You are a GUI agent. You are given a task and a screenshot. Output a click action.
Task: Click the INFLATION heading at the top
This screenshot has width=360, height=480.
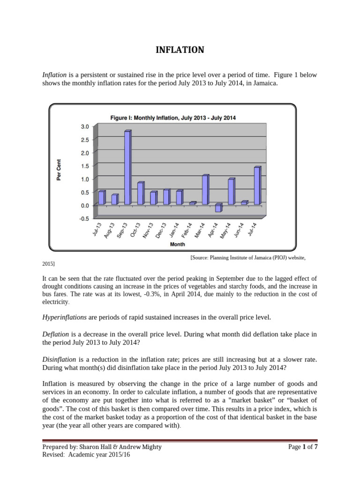tap(180, 50)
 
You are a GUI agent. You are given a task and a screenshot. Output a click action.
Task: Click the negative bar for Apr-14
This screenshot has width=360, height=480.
tap(218, 208)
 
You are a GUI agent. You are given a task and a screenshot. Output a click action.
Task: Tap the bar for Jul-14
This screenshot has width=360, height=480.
tap(257, 186)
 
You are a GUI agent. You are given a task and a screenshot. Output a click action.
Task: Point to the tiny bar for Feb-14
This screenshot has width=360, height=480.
tap(192, 203)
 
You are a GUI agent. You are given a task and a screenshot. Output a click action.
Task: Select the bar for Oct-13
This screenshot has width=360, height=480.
tap(140, 193)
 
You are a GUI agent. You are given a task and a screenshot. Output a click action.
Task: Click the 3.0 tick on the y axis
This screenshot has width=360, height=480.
tap(84, 127)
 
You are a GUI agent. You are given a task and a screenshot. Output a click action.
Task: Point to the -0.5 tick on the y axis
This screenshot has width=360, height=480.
tap(83, 218)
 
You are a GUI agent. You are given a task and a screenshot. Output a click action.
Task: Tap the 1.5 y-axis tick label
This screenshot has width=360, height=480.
tap(84, 166)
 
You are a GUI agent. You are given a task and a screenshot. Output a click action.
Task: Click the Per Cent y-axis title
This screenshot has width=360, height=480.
tap(59, 169)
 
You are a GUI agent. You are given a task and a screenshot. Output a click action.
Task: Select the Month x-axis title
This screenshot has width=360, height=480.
tap(177, 244)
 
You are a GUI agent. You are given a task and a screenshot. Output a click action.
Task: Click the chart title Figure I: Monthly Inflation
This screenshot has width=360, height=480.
tap(172, 118)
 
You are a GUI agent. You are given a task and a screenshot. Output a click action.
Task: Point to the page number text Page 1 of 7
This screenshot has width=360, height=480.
tap(303, 447)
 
